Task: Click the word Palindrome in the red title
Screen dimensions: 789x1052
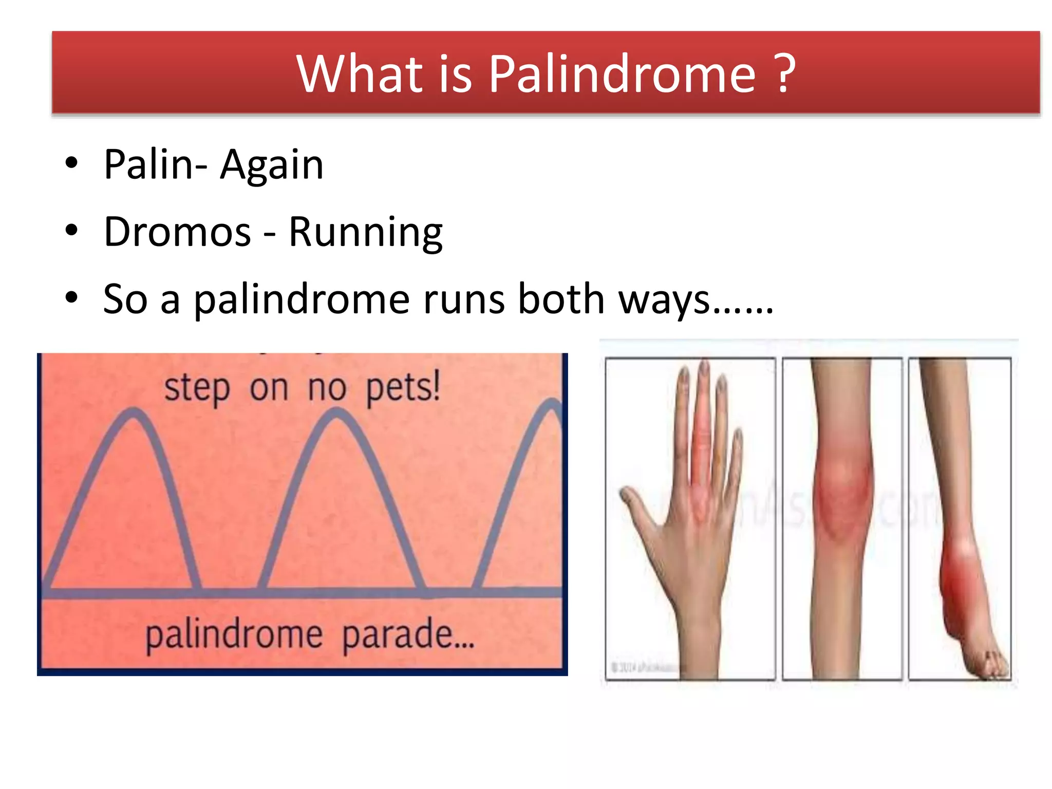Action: click(x=622, y=74)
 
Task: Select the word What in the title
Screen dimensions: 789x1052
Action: click(x=360, y=74)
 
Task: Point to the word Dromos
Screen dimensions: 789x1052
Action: click(x=177, y=232)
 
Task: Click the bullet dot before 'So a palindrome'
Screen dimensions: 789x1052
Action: click(x=71, y=297)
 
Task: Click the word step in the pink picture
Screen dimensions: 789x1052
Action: click(x=197, y=389)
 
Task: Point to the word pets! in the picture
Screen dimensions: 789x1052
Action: click(x=403, y=388)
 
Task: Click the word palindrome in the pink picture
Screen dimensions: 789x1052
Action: click(x=234, y=636)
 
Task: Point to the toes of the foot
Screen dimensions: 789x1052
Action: click(x=994, y=663)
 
